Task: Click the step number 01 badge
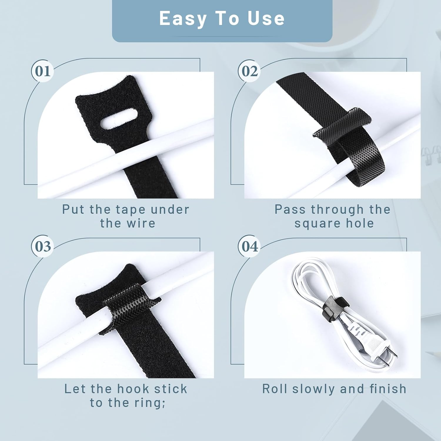(x=43, y=71)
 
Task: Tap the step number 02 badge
(x=249, y=71)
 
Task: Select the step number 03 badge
(x=43, y=246)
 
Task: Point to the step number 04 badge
(x=249, y=246)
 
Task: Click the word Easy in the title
(x=183, y=19)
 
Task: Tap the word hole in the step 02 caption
(x=360, y=223)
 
